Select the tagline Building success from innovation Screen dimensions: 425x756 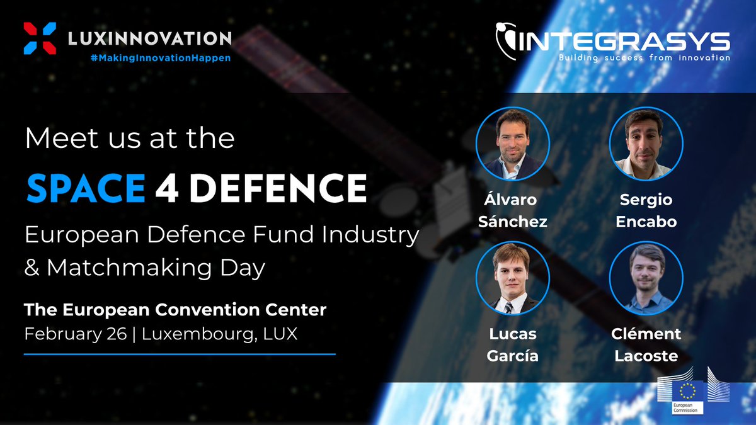coord(644,57)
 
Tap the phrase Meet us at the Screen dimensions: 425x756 coord(129,139)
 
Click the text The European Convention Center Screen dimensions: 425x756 coord(175,310)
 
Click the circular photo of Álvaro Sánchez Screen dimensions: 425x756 coord(513,144)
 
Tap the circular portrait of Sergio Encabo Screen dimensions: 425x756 coord(646,144)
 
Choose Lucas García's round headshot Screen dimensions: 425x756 coord(513,278)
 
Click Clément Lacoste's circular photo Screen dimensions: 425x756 coord(646,278)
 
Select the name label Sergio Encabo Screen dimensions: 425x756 coord(646,211)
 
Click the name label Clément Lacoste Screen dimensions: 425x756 coord(646,344)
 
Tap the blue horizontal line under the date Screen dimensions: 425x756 coord(180,354)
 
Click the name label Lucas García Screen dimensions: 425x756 coord(513,344)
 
